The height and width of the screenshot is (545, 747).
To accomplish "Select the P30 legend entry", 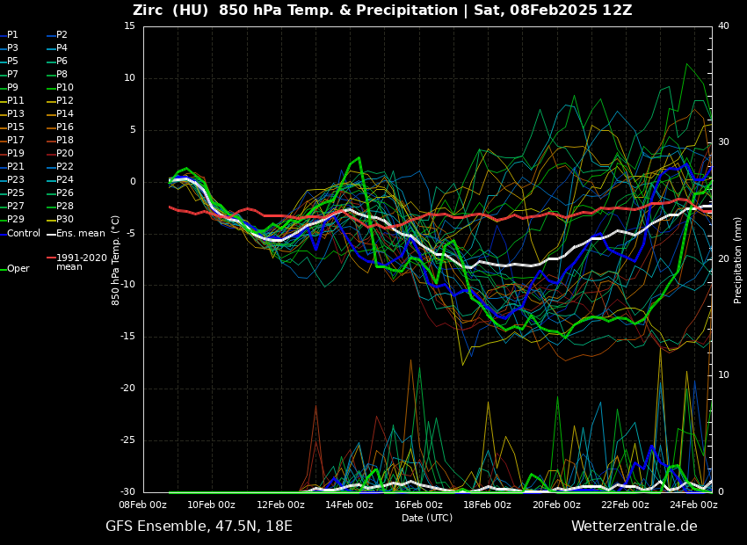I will (x=65, y=220).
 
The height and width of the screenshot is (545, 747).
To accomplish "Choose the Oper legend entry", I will (x=18, y=269).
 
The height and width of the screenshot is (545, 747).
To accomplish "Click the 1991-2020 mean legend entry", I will (x=81, y=262).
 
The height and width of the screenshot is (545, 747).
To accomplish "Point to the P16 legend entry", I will (x=65, y=127).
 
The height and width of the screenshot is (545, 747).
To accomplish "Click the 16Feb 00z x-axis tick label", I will (x=418, y=505).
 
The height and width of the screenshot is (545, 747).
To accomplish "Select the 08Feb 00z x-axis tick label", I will (x=143, y=505).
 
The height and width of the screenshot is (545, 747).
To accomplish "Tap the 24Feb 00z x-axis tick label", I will (x=693, y=505).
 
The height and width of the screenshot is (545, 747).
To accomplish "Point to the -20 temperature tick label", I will (x=128, y=389).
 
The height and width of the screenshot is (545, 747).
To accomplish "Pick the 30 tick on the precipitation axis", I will (x=723, y=142).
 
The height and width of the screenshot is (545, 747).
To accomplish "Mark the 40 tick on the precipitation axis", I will (x=723, y=26).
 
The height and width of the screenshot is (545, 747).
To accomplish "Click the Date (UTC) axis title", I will (x=427, y=518).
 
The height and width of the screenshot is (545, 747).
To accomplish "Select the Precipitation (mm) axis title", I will (x=738, y=259).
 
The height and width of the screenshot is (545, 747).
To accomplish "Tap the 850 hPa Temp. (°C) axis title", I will (x=115, y=259).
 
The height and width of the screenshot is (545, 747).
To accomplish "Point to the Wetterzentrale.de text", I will (x=634, y=527).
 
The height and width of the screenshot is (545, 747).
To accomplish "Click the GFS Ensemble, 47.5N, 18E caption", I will (x=199, y=527).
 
